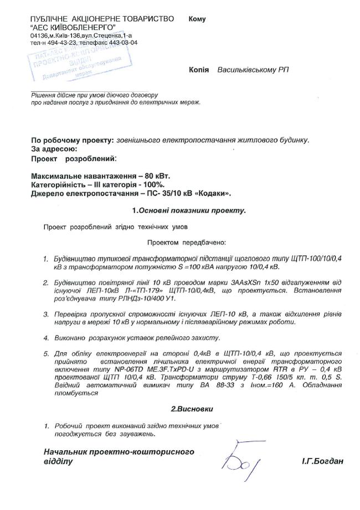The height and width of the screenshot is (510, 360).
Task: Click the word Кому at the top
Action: tap(197, 19)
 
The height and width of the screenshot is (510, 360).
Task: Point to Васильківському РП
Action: tap(253, 70)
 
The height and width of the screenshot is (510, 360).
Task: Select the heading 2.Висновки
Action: tap(191, 409)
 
